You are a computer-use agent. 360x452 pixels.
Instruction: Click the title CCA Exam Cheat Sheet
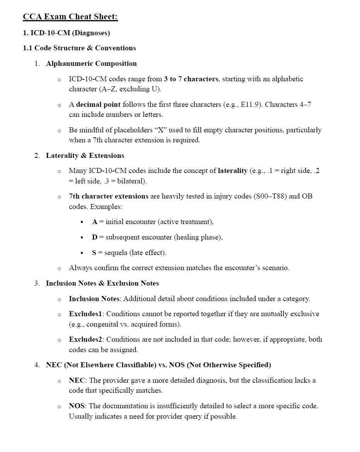(70, 17)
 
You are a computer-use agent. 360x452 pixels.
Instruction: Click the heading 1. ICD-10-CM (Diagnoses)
(66, 33)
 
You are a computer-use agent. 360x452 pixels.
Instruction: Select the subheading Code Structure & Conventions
(85, 48)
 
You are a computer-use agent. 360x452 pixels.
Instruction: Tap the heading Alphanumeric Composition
(91, 63)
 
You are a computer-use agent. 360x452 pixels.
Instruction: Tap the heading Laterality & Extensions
(85, 156)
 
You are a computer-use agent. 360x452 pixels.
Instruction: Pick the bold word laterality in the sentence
(233, 171)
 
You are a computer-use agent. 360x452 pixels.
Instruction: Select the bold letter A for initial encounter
(94, 222)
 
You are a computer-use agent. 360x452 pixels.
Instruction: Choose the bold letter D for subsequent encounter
(94, 237)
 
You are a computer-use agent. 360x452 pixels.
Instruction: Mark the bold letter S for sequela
(94, 253)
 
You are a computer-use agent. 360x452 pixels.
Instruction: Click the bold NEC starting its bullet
(77, 380)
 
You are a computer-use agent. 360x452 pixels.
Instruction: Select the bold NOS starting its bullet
(77, 406)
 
